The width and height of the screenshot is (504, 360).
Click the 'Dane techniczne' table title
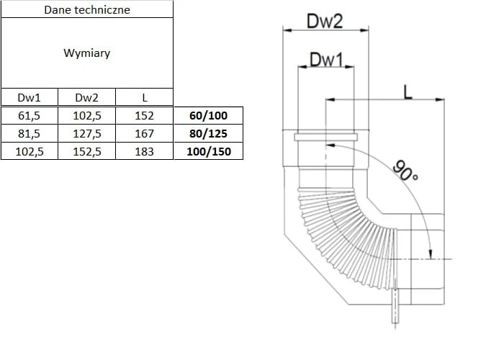(87, 10)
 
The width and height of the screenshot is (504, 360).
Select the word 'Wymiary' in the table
(87, 53)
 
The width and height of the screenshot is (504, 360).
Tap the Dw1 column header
(29, 98)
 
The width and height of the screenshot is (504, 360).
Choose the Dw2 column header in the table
(87, 98)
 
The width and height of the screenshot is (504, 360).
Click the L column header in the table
(145, 98)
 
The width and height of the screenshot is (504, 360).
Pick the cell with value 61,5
(29, 115)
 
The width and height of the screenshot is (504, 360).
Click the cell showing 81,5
(29, 133)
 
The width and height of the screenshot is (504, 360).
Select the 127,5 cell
(87, 133)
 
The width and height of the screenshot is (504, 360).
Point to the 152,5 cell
(87, 151)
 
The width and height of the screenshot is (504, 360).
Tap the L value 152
(145, 115)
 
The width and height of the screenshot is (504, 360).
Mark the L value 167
(145, 133)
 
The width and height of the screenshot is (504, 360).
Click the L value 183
(145, 151)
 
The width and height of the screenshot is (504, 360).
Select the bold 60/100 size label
(207, 115)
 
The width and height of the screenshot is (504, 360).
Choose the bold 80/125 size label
(207, 133)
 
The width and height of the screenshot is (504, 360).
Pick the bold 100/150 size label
(207, 151)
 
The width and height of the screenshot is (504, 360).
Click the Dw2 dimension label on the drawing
(325, 21)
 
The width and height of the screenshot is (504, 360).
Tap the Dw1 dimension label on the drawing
(326, 59)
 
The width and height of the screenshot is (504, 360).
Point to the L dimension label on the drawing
(408, 91)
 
